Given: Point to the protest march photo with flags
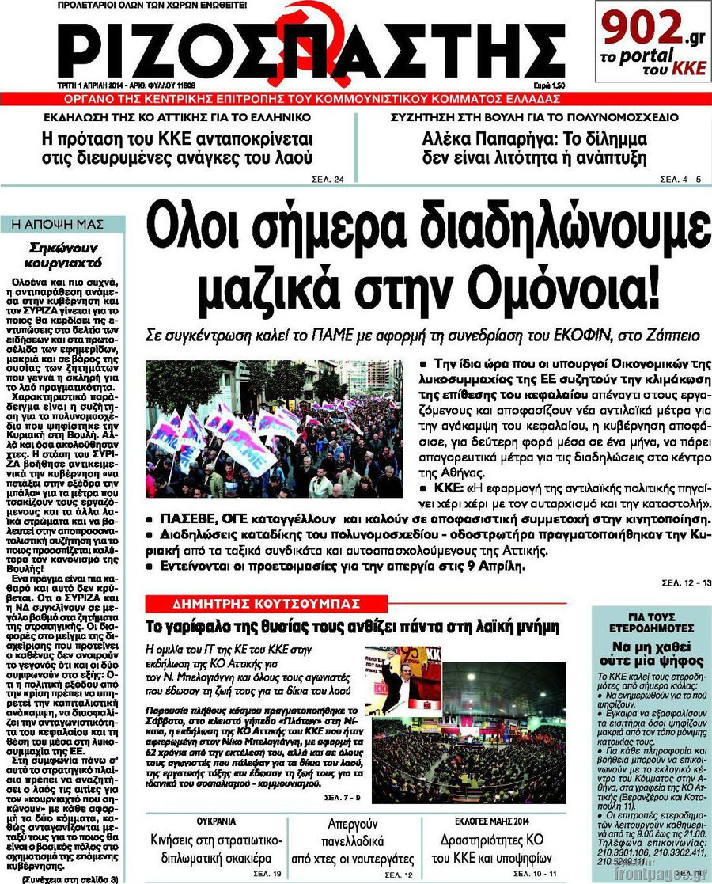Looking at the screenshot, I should [x=274, y=429].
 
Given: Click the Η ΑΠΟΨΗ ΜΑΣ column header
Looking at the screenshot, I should [x=62, y=224].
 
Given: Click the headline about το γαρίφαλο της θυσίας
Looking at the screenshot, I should [x=353, y=626].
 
